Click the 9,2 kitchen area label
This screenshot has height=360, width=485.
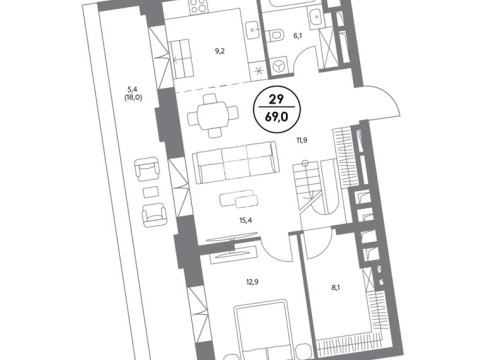(x=219, y=51)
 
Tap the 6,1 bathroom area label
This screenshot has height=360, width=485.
(x=297, y=36)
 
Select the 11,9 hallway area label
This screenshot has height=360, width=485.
(x=302, y=140)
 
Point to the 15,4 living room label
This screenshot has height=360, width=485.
(x=245, y=220)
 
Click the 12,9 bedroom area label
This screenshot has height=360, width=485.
(x=252, y=282)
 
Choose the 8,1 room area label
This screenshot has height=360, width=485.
(x=336, y=287)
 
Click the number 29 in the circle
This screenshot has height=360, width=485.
(x=276, y=99)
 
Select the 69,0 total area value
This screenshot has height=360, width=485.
(x=277, y=117)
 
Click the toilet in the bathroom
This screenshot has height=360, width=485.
(x=276, y=35)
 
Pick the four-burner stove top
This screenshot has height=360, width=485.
(x=198, y=7)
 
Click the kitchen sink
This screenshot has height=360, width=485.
(x=254, y=30)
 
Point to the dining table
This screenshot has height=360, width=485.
(x=213, y=116)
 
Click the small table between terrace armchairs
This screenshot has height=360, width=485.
(x=151, y=192)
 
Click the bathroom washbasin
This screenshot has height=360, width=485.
(x=315, y=17)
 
